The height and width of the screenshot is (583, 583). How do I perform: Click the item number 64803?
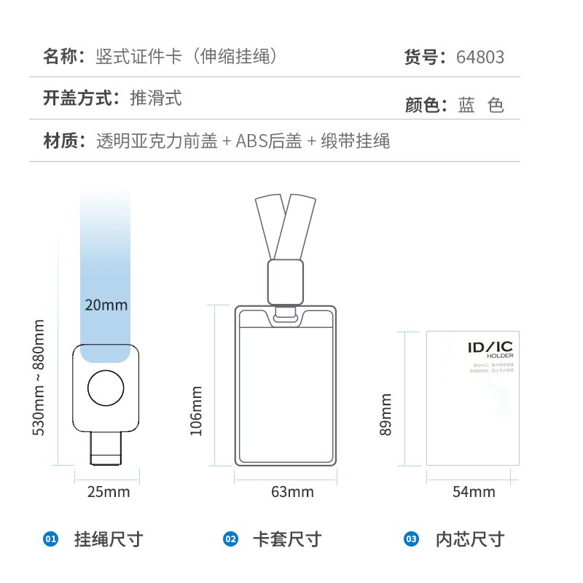click(480, 57)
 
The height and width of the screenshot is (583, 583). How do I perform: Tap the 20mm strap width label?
click(106, 305)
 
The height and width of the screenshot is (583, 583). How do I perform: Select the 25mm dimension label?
click(109, 492)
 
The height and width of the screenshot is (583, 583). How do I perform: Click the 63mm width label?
click(292, 492)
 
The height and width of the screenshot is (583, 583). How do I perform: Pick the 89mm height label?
click(386, 415)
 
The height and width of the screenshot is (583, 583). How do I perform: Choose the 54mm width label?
click(474, 492)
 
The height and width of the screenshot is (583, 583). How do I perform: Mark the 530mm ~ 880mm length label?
click(39, 377)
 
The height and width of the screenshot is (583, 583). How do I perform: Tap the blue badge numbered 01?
click(50, 539)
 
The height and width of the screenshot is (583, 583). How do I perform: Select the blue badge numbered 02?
click(230, 539)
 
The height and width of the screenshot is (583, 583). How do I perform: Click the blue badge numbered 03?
click(412, 539)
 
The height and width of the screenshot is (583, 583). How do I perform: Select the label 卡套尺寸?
click(286, 539)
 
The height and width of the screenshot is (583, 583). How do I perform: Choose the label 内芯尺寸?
click(470, 539)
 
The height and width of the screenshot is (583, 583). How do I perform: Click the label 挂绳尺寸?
click(109, 539)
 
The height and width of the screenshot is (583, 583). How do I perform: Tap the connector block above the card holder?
click(286, 281)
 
